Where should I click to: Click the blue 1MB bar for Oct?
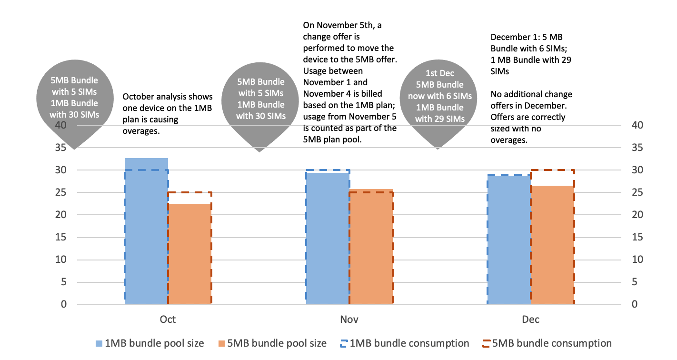tap(146, 231)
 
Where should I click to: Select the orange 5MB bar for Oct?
tap(189, 254)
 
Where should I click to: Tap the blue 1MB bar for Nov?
tap(327, 238)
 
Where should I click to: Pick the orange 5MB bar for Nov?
tap(371, 247)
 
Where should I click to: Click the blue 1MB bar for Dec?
tap(508, 240)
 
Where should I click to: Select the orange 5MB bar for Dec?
tap(552, 245)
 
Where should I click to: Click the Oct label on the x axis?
tap(168, 319)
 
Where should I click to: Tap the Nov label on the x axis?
tap(349, 319)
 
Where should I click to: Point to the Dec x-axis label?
tap(530, 319)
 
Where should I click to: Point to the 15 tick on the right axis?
tap(637, 238)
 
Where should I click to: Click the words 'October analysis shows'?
tap(168, 97)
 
